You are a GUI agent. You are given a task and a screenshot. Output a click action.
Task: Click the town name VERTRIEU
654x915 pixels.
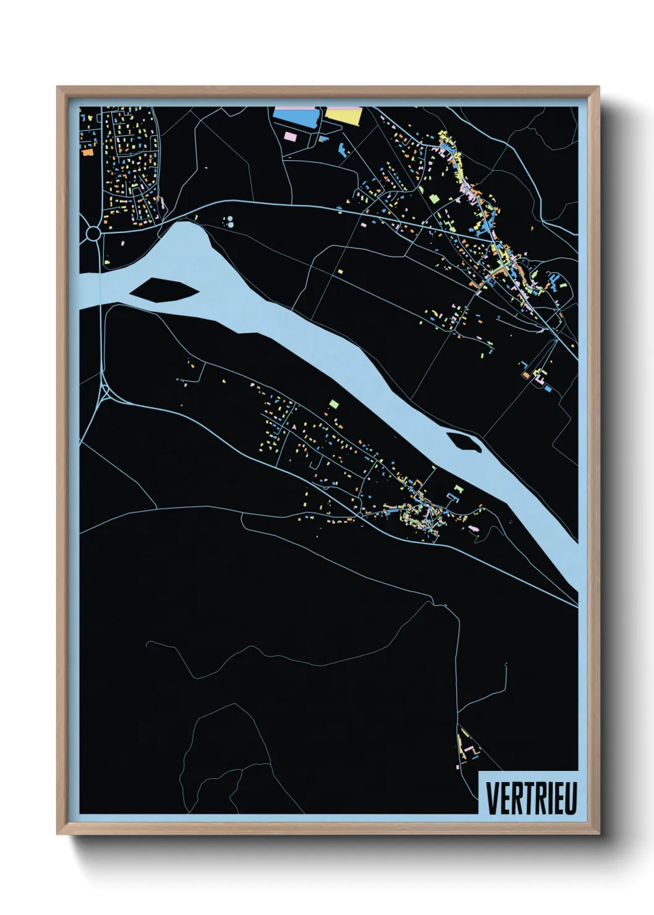coord(531,798)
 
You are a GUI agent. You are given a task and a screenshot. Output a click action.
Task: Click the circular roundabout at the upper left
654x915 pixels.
coord(93,233)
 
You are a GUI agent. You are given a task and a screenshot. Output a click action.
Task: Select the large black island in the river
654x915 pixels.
coord(164,289)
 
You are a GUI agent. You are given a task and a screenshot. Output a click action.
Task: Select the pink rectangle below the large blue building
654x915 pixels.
coord(289,134)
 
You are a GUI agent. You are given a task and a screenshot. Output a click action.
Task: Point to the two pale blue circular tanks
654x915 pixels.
coord(229,221)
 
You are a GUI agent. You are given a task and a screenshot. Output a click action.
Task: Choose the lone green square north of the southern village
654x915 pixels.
coord(334,403)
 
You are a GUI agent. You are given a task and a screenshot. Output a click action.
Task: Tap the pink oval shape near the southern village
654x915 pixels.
coord(475,528)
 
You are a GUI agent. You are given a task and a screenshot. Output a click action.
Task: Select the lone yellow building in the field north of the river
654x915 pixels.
coord(339,271)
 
